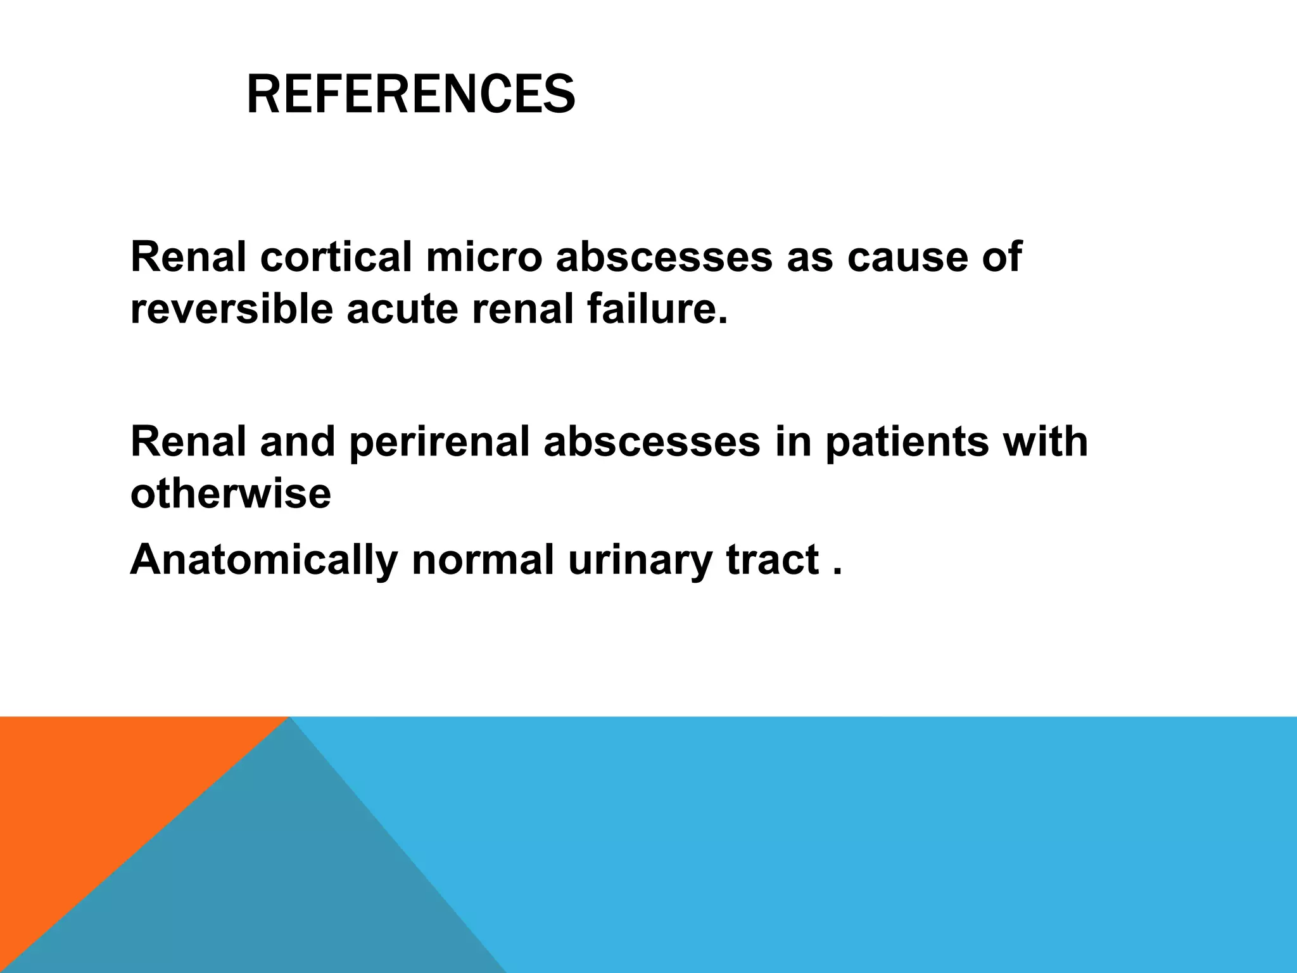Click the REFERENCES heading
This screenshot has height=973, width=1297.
(410, 95)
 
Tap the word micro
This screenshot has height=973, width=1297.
(484, 257)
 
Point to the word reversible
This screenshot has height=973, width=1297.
(231, 310)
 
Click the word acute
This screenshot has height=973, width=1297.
(402, 310)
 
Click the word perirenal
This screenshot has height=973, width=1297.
(439, 442)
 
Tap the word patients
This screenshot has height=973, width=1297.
(906, 442)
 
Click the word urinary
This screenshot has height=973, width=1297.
(640, 560)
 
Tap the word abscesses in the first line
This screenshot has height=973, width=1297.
(664, 257)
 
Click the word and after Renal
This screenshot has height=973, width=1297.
(297, 442)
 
